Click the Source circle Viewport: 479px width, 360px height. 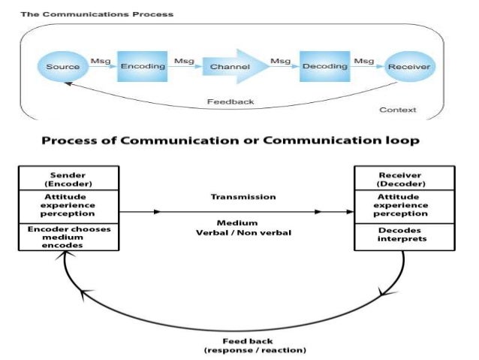pos(62,67)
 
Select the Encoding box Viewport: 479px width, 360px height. pos(143,66)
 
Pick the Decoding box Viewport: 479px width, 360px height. pos(324,66)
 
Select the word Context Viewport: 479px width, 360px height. pos(398,110)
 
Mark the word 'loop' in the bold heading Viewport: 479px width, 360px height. pos(399,141)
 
